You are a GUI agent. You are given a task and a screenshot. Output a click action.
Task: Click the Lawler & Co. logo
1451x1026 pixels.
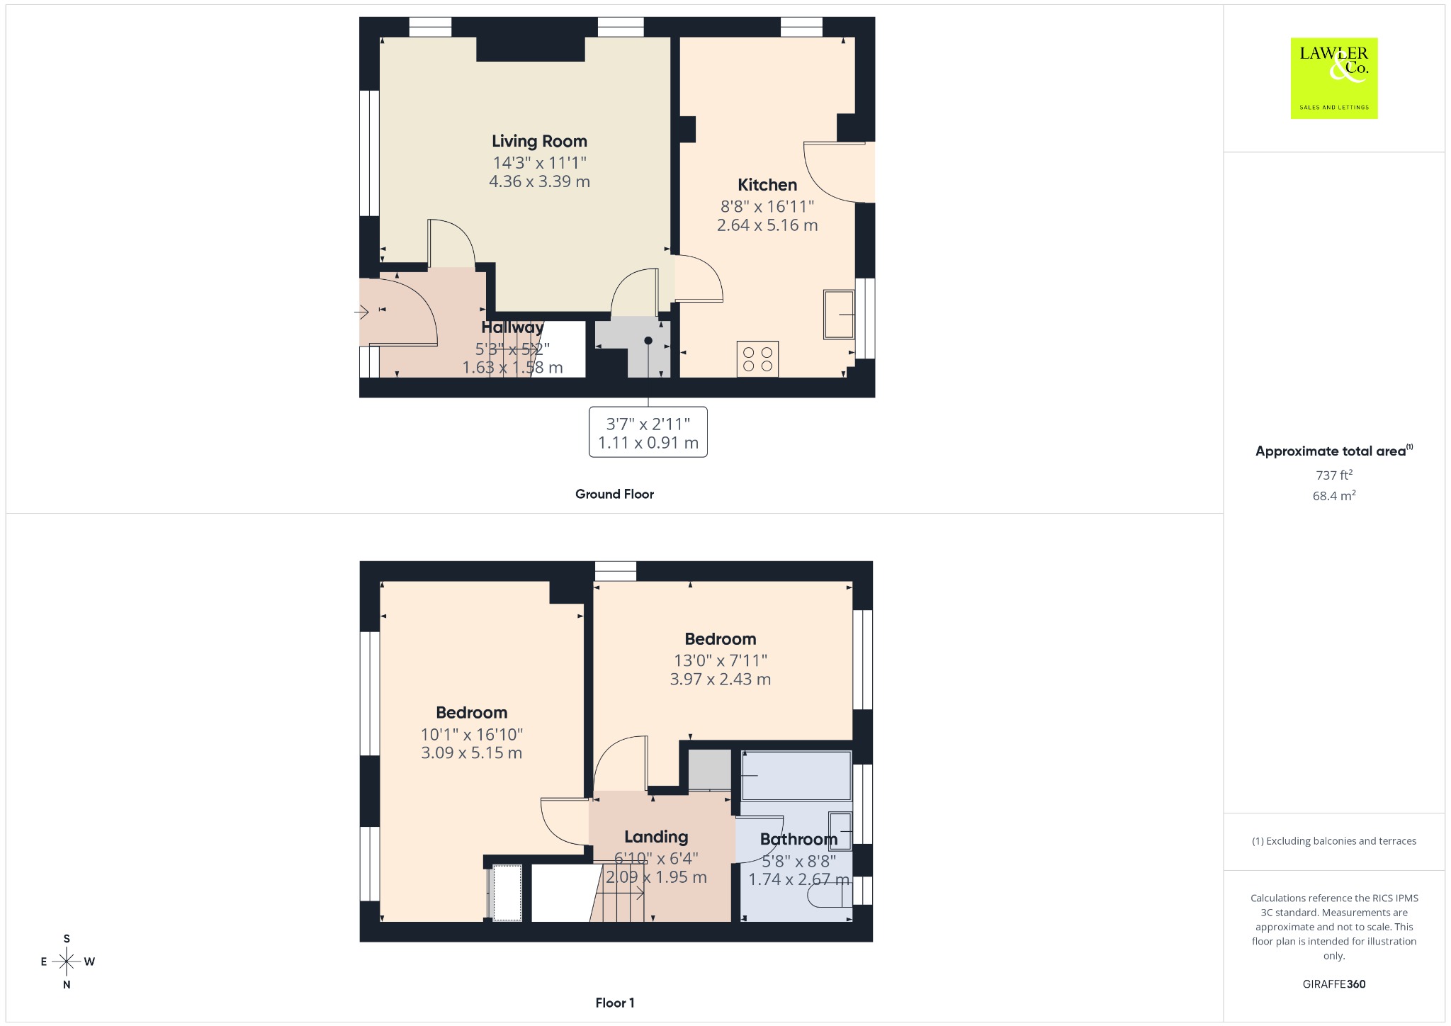[x=1333, y=78]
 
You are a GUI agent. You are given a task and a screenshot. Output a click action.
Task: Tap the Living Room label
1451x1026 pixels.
[x=539, y=141]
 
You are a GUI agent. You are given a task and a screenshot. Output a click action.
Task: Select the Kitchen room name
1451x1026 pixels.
[x=767, y=185]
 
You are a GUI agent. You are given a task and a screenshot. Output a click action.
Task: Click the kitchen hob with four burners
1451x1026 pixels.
[x=757, y=359]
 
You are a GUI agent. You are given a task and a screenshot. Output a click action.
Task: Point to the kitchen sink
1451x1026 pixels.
[x=840, y=314]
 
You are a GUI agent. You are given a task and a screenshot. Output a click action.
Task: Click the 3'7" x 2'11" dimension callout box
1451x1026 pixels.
[x=648, y=432]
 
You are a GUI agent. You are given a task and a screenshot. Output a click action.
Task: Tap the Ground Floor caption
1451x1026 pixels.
[x=614, y=494]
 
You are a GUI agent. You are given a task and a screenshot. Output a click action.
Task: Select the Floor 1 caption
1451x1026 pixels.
[x=615, y=1003]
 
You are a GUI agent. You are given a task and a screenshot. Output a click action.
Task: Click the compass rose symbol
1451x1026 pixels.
[x=67, y=962]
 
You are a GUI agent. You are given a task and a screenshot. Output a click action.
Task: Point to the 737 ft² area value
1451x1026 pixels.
[x=1334, y=475]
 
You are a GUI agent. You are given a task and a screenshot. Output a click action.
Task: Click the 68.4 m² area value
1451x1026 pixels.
[x=1334, y=495]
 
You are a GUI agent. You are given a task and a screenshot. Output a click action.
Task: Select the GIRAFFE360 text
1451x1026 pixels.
[x=1334, y=983]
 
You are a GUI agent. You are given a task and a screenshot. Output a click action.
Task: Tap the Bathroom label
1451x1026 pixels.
[x=798, y=839]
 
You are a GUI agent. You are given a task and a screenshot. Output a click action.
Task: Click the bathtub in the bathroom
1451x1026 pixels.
[x=796, y=775]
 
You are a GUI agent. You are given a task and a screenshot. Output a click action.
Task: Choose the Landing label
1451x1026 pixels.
[x=656, y=837]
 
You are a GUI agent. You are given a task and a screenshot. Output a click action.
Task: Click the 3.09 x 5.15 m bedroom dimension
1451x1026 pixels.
[x=471, y=752]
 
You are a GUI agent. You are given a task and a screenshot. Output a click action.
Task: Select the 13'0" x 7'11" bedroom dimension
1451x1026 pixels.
[x=721, y=660]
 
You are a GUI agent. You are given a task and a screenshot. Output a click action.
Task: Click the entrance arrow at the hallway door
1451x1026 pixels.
[x=362, y=312]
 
